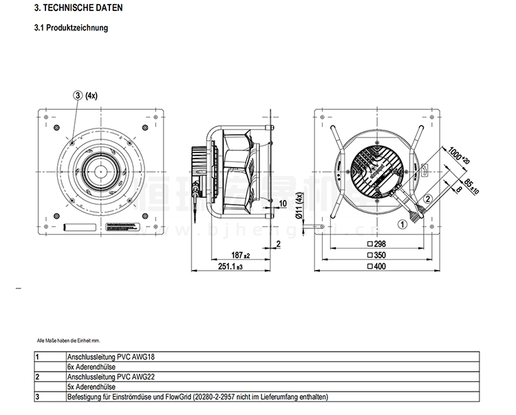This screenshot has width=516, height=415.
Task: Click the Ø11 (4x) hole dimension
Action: pyautogui.click(x=299, y=206)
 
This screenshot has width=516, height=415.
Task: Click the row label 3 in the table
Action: pyautogui.click(x=37, y=397)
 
